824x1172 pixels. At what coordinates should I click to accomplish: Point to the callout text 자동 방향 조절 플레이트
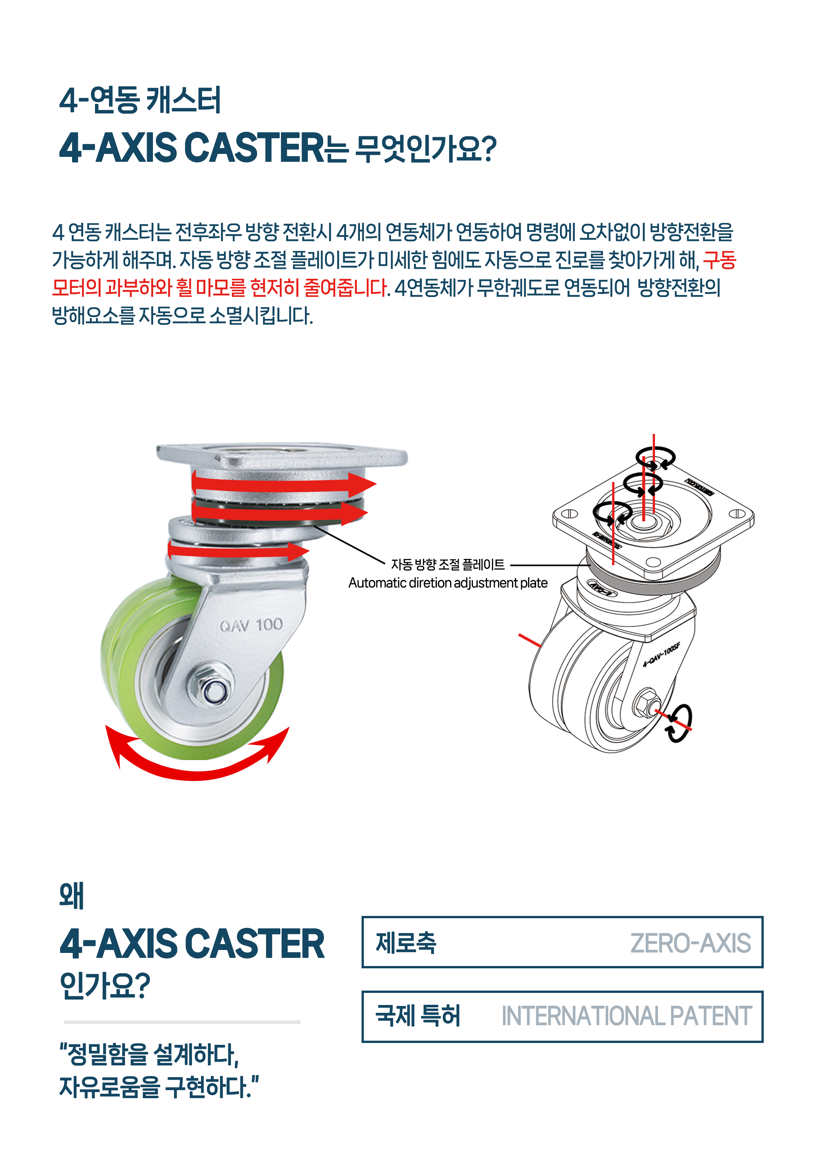click(x=448, y=565)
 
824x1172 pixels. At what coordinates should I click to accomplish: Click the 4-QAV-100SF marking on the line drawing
click(x=661, y=655)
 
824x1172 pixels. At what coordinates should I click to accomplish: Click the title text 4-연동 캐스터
click(x=140, y=100)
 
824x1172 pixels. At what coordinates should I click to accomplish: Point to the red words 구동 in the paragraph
click(x=719, y=260)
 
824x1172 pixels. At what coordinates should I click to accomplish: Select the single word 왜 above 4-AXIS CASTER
click(x=71, y=896)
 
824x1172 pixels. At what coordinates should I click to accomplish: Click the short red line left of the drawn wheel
click(x=530, y=641)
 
